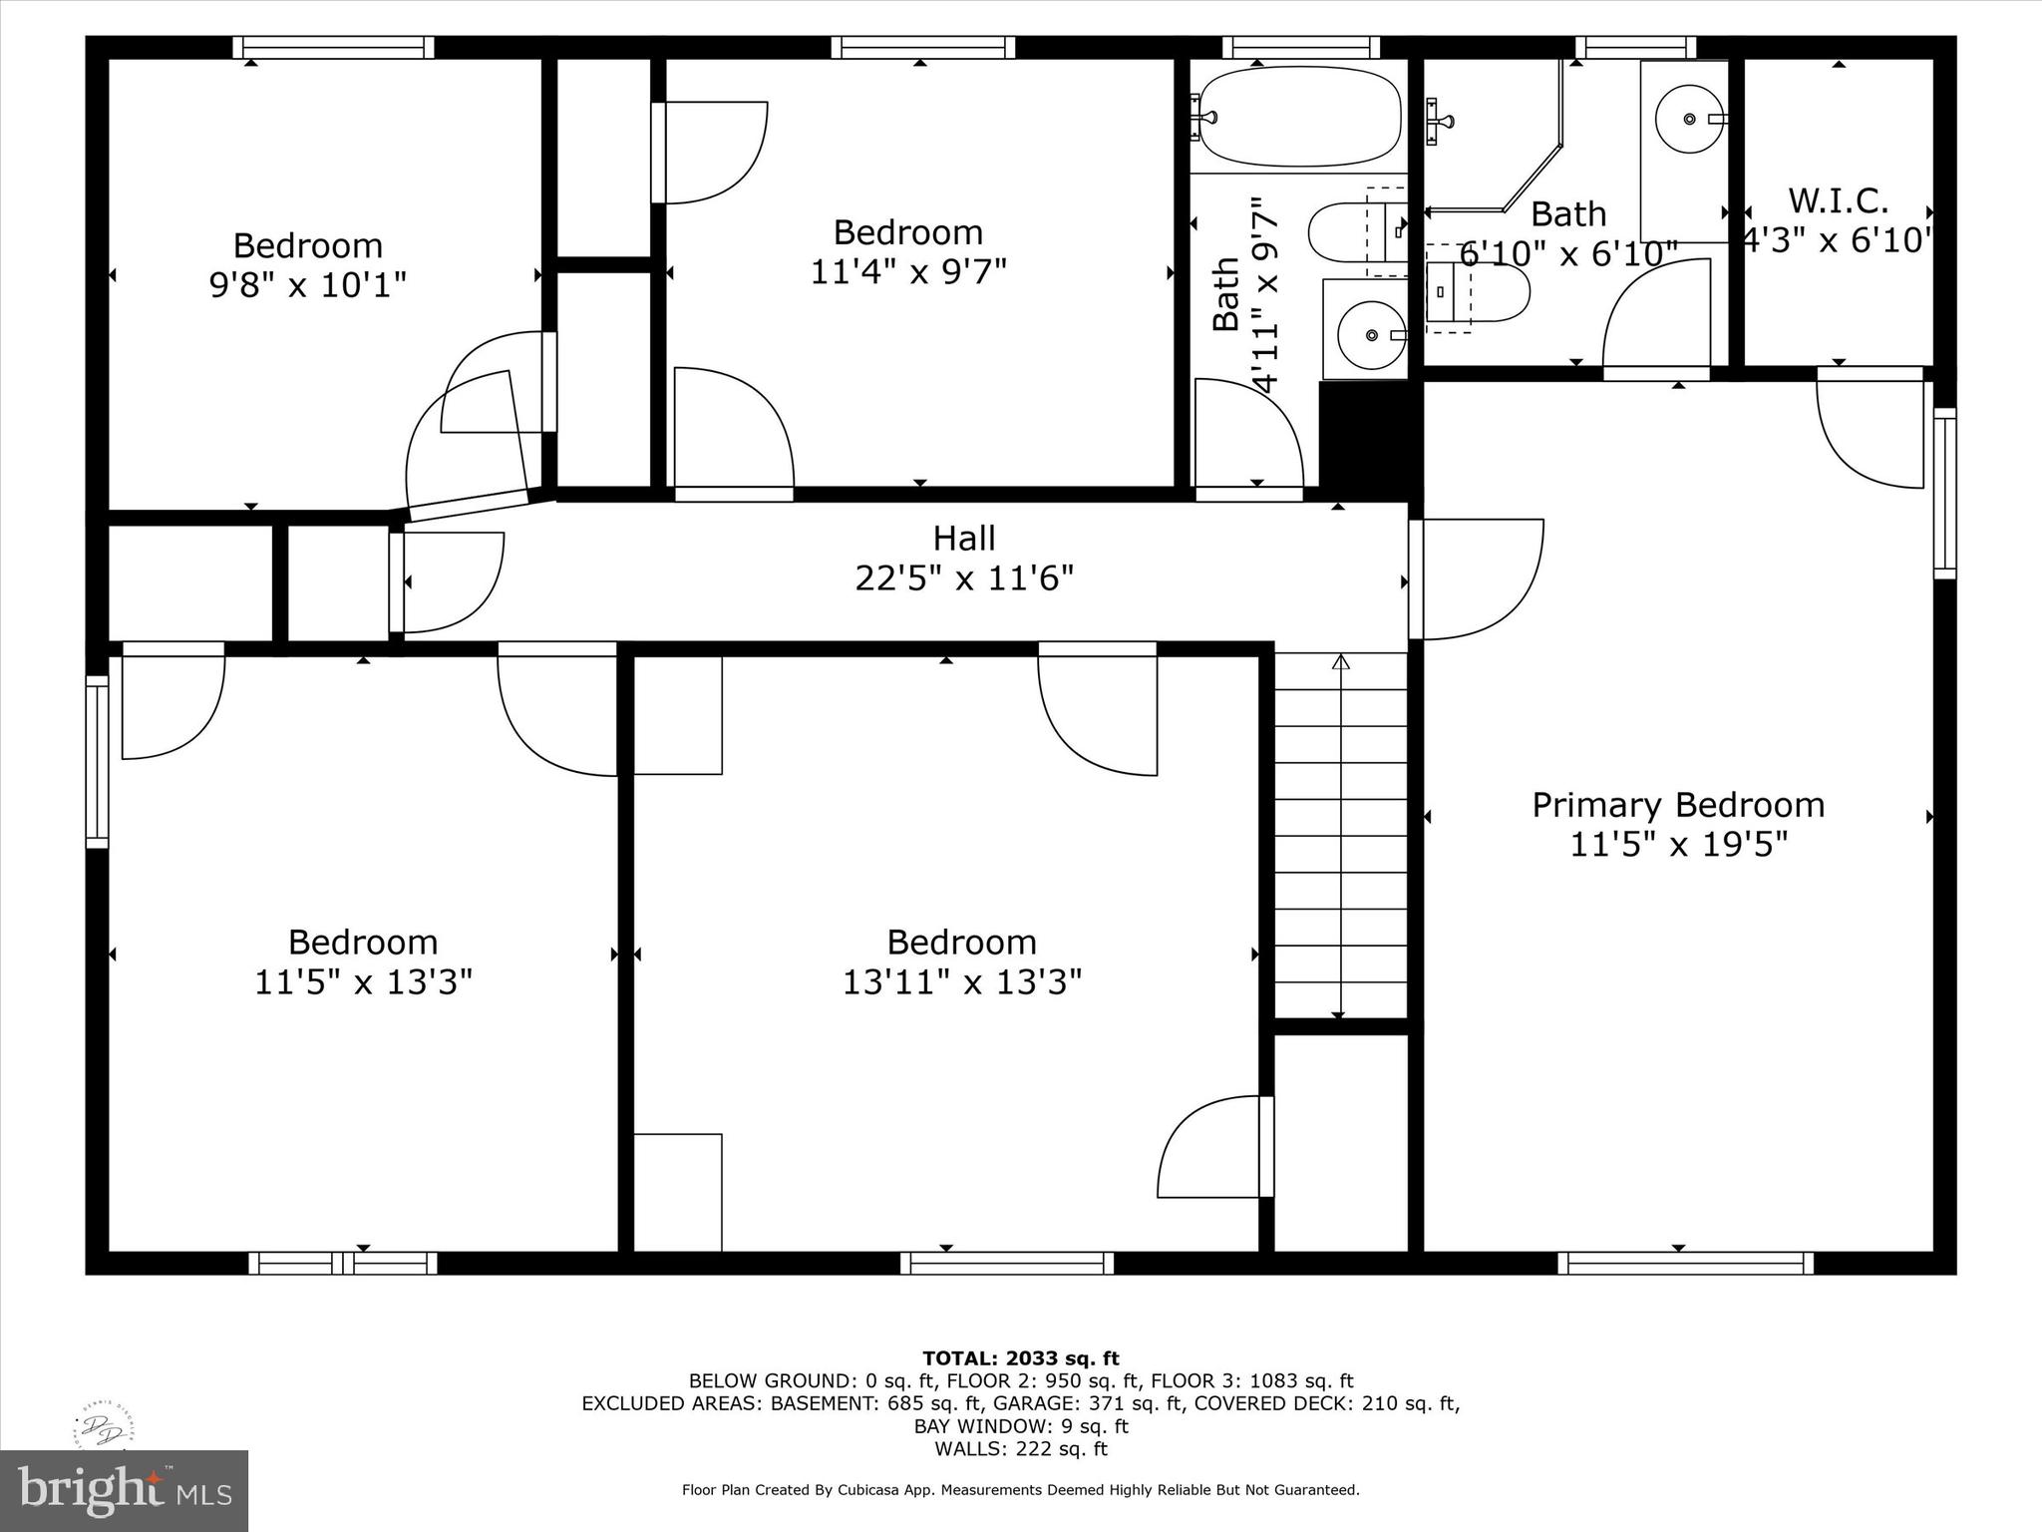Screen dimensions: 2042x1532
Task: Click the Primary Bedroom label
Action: pos(1678,805)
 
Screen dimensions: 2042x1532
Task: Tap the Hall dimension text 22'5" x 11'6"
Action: pos(964,578)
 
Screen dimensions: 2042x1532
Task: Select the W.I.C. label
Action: pos(1838,201)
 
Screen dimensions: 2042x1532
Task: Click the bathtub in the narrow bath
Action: pos(1299,117)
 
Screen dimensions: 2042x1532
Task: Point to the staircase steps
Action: pos(1341,836)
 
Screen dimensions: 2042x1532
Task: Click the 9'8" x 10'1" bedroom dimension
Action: pos(307,285)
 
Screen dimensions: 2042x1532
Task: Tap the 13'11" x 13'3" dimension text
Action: pos(962,982)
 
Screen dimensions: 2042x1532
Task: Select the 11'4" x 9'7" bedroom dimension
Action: pos(908,271)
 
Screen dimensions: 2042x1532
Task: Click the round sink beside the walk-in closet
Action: pos(1689,119)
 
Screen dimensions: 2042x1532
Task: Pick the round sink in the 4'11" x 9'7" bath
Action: pos(1371,334)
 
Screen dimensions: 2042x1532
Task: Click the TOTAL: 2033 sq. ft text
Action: pos(1021,1358)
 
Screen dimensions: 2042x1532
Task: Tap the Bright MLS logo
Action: pos(124,1491)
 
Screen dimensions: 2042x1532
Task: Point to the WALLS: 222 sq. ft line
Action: pos(1021,1449)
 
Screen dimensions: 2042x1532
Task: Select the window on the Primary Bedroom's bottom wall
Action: pos(1686,1264)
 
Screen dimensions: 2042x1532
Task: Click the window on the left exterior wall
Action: pos(97,762)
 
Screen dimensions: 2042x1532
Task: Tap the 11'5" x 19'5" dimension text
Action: pos(1679,845)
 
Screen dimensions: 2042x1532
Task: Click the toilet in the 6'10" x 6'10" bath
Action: pos(1477,292)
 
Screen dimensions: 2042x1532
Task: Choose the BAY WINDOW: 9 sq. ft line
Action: pos(1021,1426)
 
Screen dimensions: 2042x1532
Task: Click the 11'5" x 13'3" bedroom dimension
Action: pos(363,982)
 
